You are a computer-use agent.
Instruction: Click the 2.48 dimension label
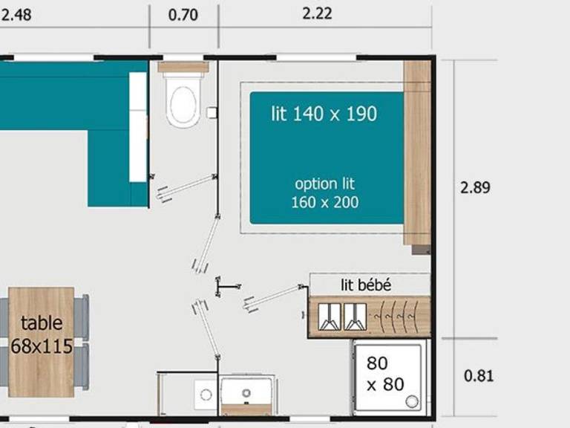(16, 16)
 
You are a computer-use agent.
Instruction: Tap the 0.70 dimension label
(183, 16)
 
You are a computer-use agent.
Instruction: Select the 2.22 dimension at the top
(318, 14)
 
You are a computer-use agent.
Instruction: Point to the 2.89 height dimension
(475, 187)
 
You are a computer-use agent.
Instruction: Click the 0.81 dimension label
(479, 376)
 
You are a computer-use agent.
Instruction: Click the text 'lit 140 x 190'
(324, 114)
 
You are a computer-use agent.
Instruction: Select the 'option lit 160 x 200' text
(325, 193)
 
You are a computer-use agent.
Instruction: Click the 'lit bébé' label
(366, 285)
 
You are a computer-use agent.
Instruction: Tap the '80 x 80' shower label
(385, 374)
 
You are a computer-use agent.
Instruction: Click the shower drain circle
(412, 402)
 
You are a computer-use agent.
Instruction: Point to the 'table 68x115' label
(42, 334)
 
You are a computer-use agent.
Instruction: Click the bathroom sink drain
(246, 393)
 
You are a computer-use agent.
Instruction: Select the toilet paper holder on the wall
(212, 112)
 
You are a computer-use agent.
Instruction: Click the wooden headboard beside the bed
(417, 153)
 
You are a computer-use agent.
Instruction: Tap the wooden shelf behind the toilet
(183, 67)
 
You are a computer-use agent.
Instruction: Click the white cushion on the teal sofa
(138, 127)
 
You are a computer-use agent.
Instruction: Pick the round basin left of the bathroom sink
(206, 395)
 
